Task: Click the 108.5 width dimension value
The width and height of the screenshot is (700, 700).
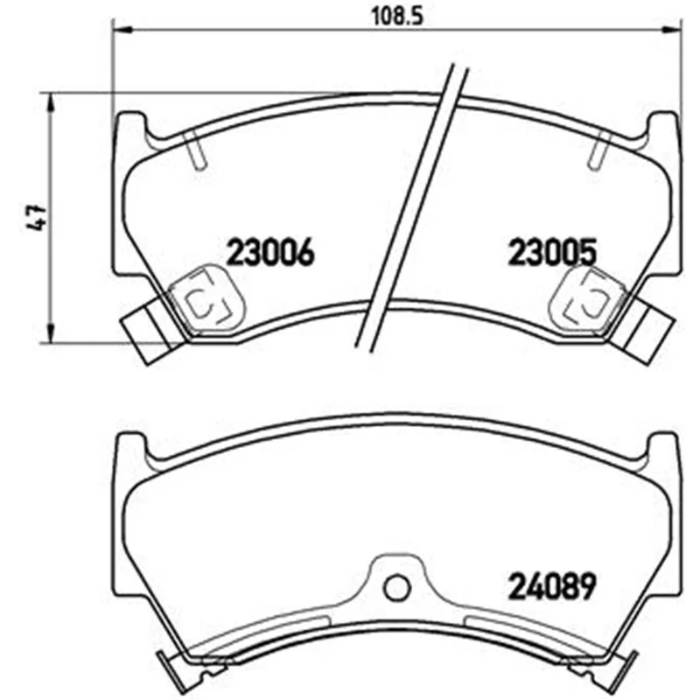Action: pos(397,17)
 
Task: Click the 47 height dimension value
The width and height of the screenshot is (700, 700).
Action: pos(35,217)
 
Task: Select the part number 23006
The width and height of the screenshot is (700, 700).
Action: pos(271,252)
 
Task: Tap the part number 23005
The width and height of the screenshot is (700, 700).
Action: pos(553,252)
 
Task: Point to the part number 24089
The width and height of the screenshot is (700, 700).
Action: pos(553,586)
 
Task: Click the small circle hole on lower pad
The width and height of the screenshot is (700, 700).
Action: pos(396,588)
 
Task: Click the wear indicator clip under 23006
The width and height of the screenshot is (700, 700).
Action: pos(208,297)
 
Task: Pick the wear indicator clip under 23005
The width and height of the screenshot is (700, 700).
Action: pos(585,297)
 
